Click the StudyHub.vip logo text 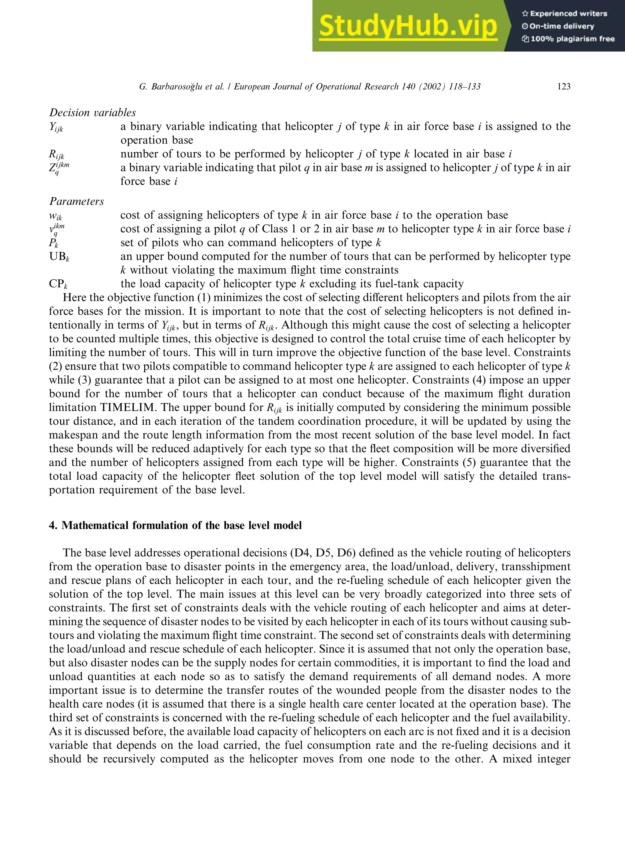pyautogui.click(x=407, y=26)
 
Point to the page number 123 pyautogui.click(x=564, y=87)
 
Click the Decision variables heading pyautogui.click(x=92, y=112)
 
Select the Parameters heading pyautogui.click(x=76, y=202)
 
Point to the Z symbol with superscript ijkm pyautogui.click(x=59, y=168)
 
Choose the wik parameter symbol pyautogui.click(x=56, y=216)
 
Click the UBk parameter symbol pyautogui.click(x=59, y=257)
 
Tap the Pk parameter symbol pyautogui.click(x=53, y=243)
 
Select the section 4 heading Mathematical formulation pyautogui.click(x=175, y=525)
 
